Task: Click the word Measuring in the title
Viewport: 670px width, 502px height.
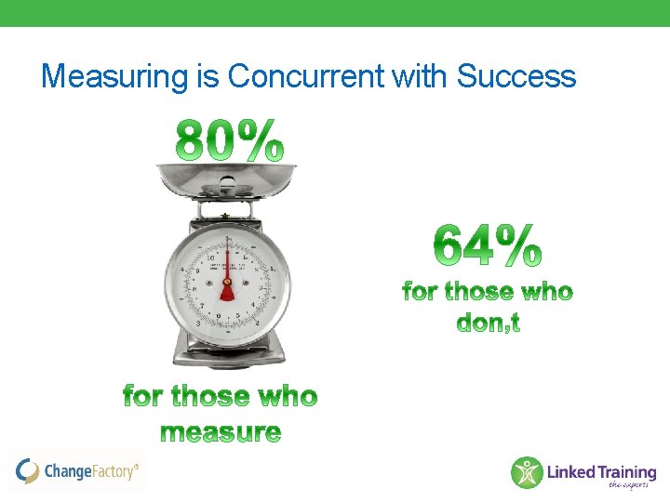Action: (115, 76)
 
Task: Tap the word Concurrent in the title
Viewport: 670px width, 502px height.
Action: (306, 76)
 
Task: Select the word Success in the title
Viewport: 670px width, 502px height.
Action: (516, 76)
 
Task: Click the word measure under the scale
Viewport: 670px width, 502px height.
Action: (221, 432)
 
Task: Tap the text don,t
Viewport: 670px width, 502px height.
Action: (488, 323)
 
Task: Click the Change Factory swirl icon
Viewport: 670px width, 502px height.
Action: (28, 471)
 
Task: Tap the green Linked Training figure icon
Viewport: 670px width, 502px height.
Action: (527, 472)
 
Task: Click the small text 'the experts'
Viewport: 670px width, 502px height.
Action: (630, 484)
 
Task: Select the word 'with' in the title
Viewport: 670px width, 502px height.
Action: (420, 76)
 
